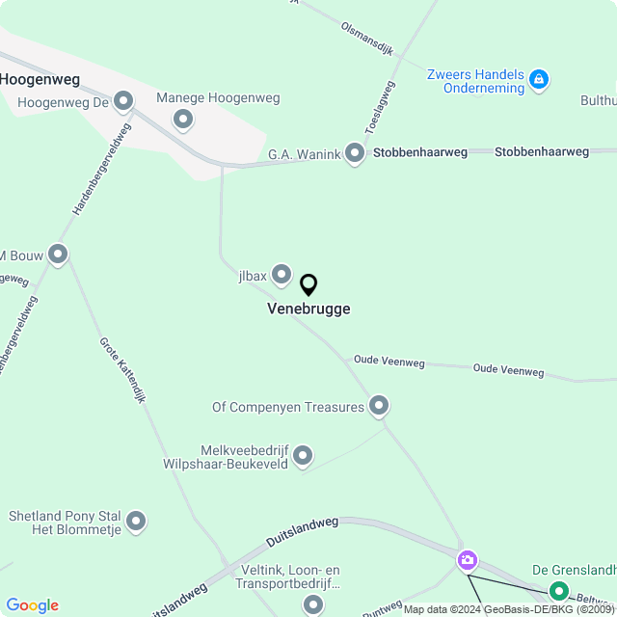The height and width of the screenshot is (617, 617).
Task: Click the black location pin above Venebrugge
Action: click(308, 285)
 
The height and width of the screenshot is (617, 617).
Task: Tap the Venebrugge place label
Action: click(308, 309)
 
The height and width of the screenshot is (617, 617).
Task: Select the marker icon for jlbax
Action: click(282, 276)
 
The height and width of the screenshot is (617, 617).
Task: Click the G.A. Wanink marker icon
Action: click(356, 153)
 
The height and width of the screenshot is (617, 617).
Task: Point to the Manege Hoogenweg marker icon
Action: click(183, 121)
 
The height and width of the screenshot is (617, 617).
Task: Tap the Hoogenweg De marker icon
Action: click(123, 100)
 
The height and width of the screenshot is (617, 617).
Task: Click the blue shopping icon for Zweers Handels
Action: click(540, 79)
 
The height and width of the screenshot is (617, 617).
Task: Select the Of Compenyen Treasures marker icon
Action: click(379, 407)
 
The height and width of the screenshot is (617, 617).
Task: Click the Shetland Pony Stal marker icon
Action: click(136, 522)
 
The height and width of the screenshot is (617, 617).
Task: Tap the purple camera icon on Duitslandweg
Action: click(468, 559)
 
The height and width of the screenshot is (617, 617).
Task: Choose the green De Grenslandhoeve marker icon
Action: click(559, 591)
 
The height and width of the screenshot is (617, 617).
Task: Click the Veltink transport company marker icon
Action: click(313, 604)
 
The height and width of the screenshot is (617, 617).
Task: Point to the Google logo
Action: click(32, 605)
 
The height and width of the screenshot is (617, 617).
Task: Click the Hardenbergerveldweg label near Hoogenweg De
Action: click(101, 169)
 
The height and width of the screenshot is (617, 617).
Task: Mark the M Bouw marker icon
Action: click(58, 255)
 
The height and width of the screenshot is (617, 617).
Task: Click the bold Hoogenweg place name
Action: click(40, 79)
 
